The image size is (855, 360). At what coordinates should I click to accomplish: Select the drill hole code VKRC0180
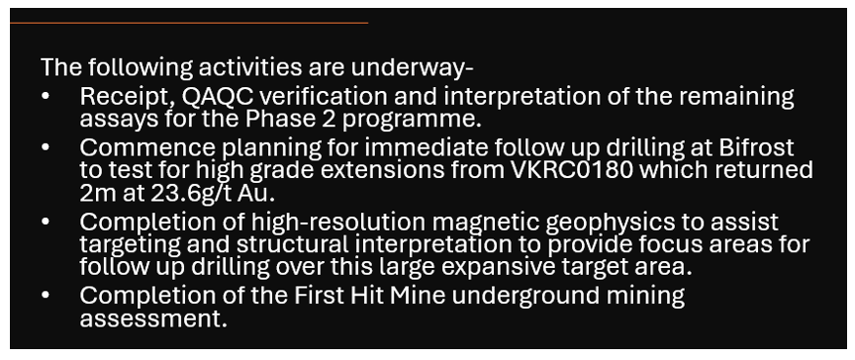(572, 170)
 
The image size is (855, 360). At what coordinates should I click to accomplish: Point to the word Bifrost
(756, 147)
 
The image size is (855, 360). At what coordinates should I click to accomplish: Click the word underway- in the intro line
(413, 67)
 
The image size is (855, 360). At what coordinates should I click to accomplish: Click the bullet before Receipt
(46, 97)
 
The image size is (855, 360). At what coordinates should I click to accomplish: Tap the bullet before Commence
(46, 147)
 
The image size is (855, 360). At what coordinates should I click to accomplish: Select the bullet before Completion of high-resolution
(46, 223)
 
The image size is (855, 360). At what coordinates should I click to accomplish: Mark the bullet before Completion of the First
(46, 296)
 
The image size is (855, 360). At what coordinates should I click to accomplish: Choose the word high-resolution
(338, 223)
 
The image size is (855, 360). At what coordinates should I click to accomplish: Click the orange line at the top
(189, 23)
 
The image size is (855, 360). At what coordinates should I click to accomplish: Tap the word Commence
(147, 148)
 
